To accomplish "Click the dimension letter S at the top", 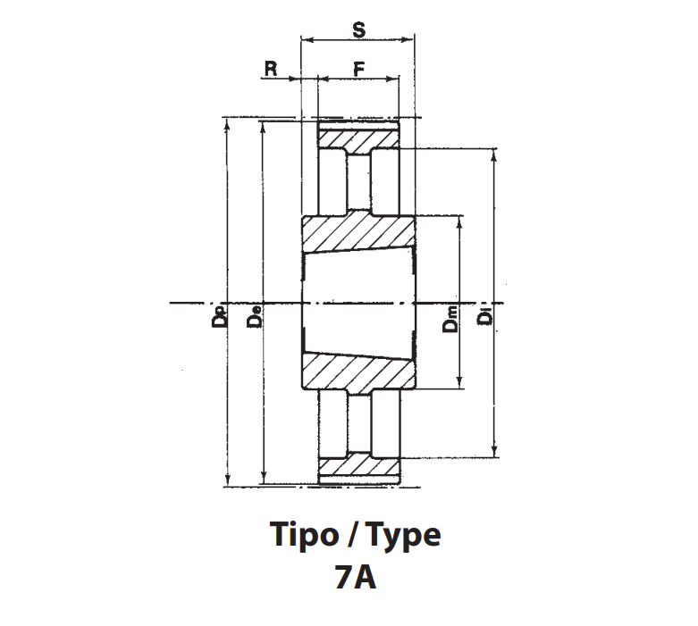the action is click(x=358, y=29).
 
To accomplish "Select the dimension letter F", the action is click(x=358, y=69).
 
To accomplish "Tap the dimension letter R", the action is click(x=271, y=69).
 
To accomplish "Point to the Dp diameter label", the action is click(x=220, y=317).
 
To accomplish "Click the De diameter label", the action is click(x=254, y=317).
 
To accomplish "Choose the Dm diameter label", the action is click(x=450, y=319).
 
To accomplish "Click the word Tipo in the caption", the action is click(x=304, y=534).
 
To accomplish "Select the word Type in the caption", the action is click(x=404, y=535).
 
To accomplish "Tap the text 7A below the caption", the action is click(x=355, y=577).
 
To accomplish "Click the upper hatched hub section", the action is click(x=358, y=232).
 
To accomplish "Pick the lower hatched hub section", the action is click(x=358, y=373).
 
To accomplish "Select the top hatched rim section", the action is click(x=358, y=139).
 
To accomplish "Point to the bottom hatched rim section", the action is click(x=358, y=466).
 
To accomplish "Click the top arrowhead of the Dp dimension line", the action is click(x=228, y=124).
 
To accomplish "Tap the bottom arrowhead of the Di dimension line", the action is click(x=494, y=451).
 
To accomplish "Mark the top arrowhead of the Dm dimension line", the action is click(x=460, y=222).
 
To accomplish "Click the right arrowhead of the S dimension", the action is click(x=408, y=39).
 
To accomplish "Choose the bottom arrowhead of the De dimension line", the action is click(x=264, y=478).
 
